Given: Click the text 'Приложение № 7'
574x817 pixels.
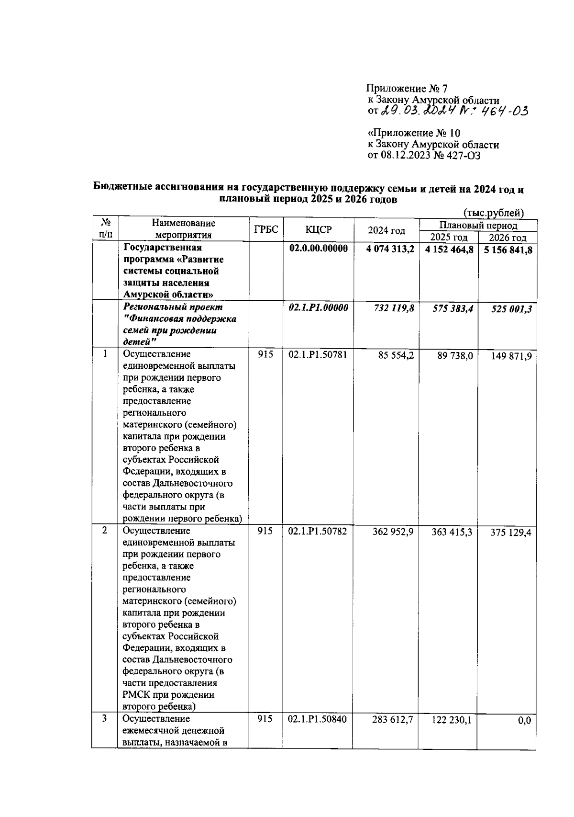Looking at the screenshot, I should tap(407, 88).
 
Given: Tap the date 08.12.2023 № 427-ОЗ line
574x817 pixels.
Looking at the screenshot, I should tap(424, 155).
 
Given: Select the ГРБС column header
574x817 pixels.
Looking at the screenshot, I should tap(266, 229).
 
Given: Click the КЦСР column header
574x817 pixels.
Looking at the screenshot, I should tap(318, 230).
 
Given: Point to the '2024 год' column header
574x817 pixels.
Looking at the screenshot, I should tap(386, 230).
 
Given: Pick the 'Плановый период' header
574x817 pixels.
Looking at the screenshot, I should tap(478, 225).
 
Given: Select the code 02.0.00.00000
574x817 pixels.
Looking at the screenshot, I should tap(318, 249).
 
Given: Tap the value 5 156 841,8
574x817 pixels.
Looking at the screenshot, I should tap(508, 250).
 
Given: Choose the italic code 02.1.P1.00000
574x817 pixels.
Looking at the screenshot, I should tap(318, 308).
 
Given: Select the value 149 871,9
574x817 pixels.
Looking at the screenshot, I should tap(511, 356).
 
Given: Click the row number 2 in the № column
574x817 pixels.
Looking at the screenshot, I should tap(104, 531).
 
